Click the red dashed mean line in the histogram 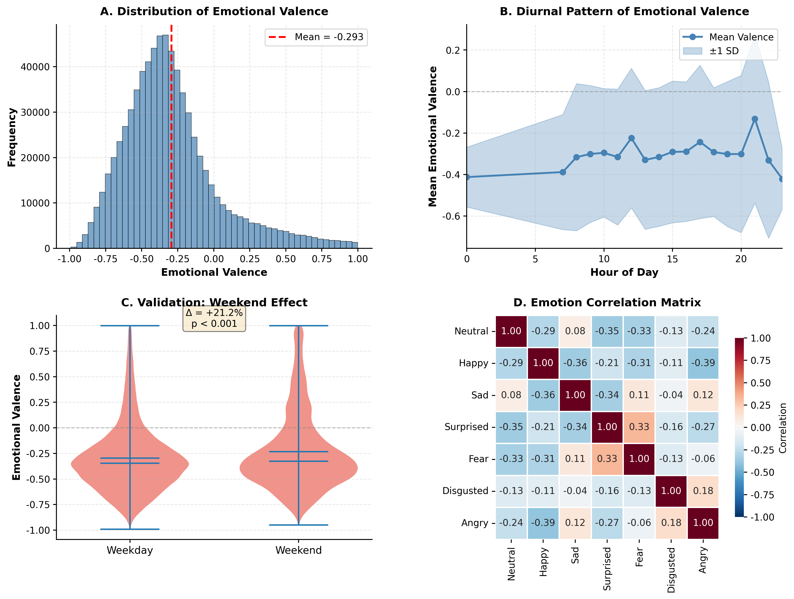coord(171,144)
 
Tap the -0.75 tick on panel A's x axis coord(105,259)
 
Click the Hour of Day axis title coord(624,272)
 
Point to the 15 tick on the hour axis coord(672,259)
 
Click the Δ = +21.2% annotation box coord(214,318)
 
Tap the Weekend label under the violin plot coord(298,550)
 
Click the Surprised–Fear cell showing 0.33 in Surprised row coord(639,427)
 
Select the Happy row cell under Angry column coord(703,363)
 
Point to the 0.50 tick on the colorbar coord(760,383)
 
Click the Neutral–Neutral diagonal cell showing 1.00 coord(511,331)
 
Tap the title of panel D coord(607,303)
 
